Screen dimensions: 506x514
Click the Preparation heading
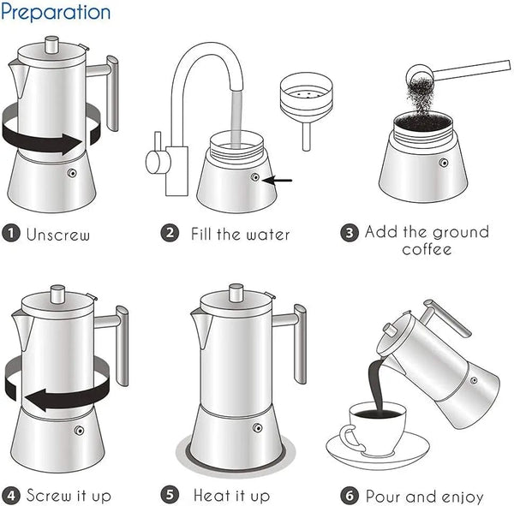pyautogui.click(x=56, y=13)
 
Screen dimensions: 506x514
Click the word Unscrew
pyautogui.click(x=57, y=234)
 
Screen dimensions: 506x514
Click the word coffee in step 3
pyautogui.click(x=427, y=250)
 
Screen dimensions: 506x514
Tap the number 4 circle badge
pyautogui.click(x=11, y=496)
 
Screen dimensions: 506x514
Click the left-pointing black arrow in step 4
pyautogui.click(x=60, y=398)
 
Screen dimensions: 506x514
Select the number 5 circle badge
pyautogui.click(x=170, y=496)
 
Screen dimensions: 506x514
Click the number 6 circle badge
pyautogui.click(x=350, y=496)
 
